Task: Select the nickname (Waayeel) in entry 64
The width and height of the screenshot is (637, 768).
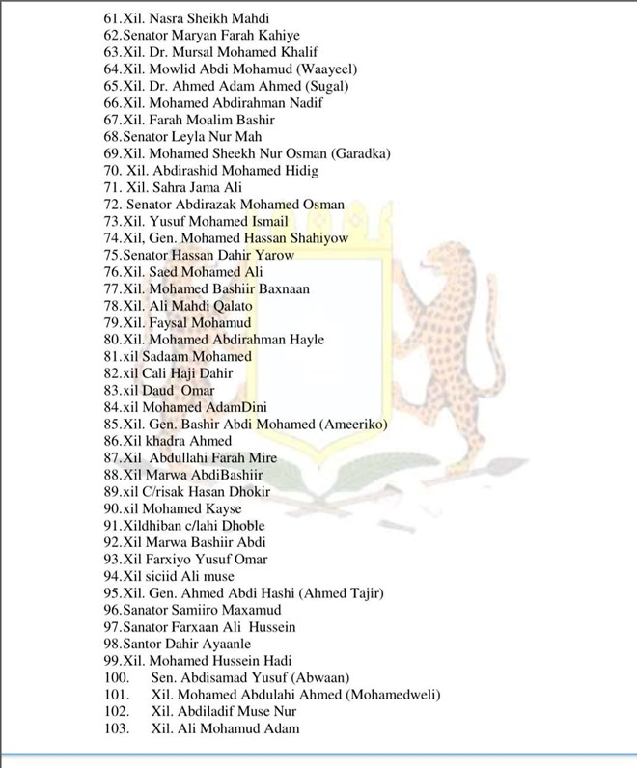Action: pyautogui.click(x=311, y=69)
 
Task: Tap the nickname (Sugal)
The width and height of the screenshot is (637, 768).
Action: pyautogui.click(x=316, y=86)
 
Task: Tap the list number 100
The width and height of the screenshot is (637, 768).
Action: pyautogui.click(x=115, y=678)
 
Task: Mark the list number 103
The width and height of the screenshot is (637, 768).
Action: pyautogui.click(x=115, y=728)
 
